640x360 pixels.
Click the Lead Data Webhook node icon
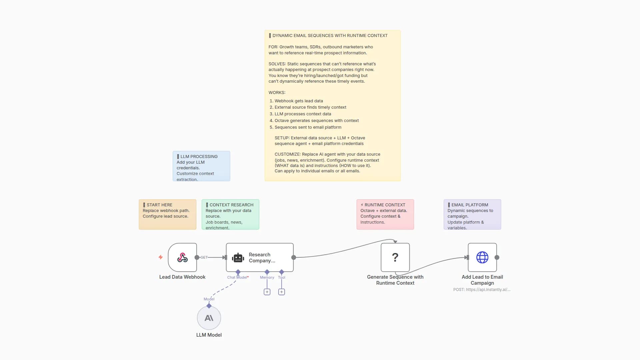(x=182, y=257)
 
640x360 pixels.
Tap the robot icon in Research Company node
(x=238, y=258)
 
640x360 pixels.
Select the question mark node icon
(x=395, y=257)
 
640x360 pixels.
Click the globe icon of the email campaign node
(x=482, y=257)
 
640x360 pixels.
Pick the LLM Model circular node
(x=209, y=318)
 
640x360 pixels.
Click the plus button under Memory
(x=267, y=292)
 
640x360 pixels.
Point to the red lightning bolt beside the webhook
(x=161, y=257)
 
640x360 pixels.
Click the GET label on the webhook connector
(x=204, y=257)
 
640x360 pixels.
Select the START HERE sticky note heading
(x=159, y=205)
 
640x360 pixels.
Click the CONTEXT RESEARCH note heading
(x=231, y=205)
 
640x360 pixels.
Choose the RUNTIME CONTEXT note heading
(x=385, y=205)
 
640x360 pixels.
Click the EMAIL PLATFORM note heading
(x=470, y=205)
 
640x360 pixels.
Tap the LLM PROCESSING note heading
(x=199, y=156)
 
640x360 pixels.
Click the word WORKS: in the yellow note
(x=277, y=92)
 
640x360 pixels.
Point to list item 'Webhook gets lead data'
(x=299, y=101)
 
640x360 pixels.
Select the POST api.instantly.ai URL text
(x=482, y=290)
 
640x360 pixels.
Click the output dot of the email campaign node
(x=497, y=257)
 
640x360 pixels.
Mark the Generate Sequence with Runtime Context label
(x=395, y=280)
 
